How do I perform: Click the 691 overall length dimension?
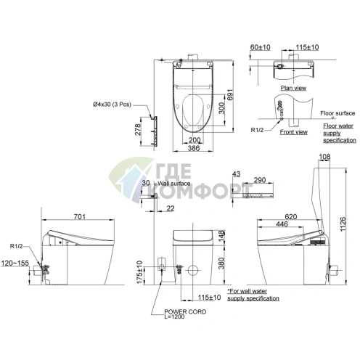click(229, 96)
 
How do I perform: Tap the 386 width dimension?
click(194, 148)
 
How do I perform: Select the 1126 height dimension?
click(343, 224)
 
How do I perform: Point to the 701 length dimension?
click(80, 216)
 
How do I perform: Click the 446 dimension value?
click(282, 224)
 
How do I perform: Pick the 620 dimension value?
click(290, 216)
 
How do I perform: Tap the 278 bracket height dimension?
click(138, 130)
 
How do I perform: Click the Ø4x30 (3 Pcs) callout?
click(112, 105)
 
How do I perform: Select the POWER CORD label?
click(185, 311)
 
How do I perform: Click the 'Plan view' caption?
click(293, 88)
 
